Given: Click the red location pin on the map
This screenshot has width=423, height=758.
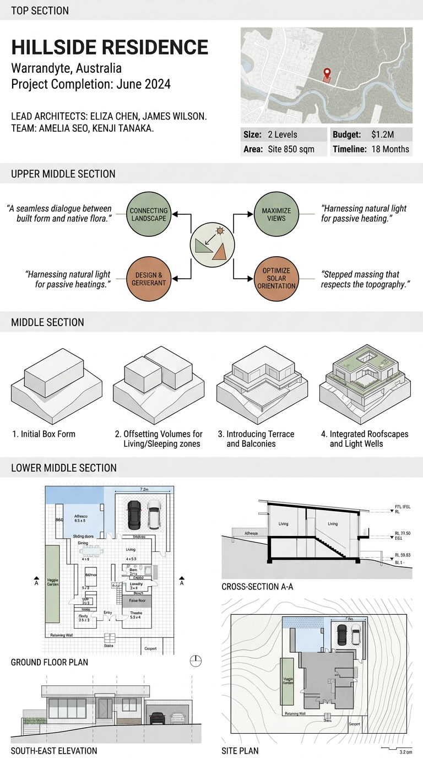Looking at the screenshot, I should [327, 73].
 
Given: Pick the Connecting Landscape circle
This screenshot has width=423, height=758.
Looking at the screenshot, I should [149, 215].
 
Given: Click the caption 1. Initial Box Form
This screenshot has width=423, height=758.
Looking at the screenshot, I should [44, 434].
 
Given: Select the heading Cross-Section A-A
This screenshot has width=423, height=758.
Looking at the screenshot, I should [257, 587].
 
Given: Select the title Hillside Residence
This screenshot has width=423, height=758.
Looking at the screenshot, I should [110, 47].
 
